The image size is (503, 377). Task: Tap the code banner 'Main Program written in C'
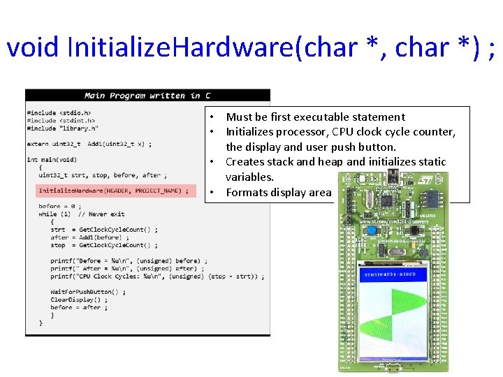[147, 96]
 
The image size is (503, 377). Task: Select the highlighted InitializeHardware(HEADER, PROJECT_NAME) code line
[112, 191]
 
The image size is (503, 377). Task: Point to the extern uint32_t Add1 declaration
[89, 144]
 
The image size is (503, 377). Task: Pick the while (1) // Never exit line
[82, 214]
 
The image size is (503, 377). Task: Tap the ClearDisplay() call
[79, 300]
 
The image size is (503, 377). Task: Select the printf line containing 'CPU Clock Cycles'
[157, 276]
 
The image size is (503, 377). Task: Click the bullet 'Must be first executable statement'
[315, 117]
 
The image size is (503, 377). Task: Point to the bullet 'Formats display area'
[278, 193]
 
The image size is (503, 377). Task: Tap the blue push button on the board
[372, 231]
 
